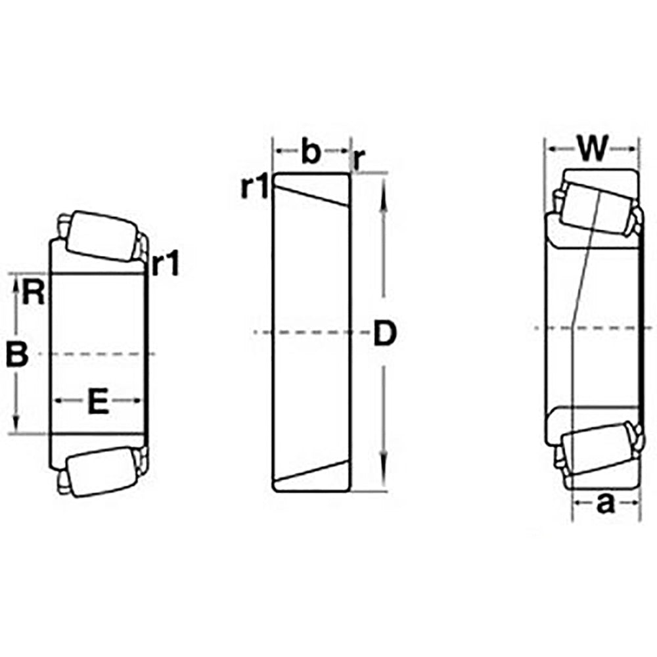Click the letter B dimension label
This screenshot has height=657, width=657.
click(x=17, y=355)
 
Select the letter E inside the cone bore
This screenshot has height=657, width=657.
click(x=97, y=401)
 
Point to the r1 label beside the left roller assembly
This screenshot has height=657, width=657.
click(x=164, y=265)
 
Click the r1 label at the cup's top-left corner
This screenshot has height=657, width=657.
click(x=253, y=188)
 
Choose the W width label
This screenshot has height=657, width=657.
click(x=593, y=148)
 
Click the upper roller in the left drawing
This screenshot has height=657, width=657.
click(x=99, y=235)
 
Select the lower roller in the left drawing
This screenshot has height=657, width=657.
click(x=99, y=470)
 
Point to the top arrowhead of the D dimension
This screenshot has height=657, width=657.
click(x=384, y=187)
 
